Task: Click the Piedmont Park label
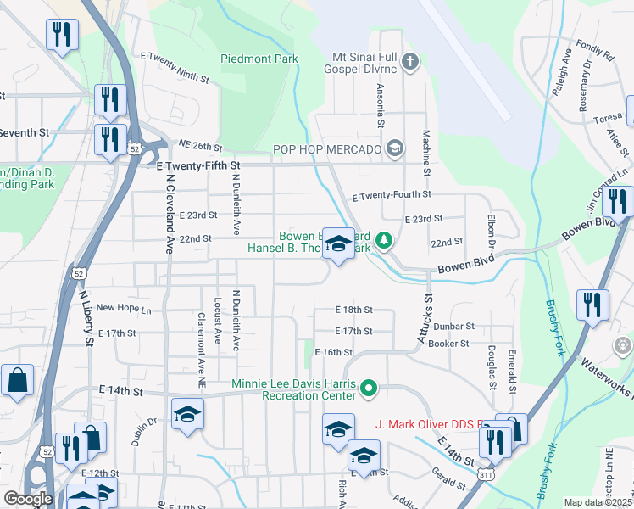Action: (x=259, y=59)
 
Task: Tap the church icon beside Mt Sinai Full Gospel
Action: (x=410, y=61)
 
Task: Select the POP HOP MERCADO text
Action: (x=326, y=149)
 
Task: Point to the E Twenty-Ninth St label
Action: (x=175, y=67)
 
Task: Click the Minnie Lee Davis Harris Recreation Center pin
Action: (x=368, y=389)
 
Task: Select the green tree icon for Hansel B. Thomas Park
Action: (x=384, y=241)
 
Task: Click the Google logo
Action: (x=28, y=499)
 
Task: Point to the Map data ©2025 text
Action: (x=598, y=502)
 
